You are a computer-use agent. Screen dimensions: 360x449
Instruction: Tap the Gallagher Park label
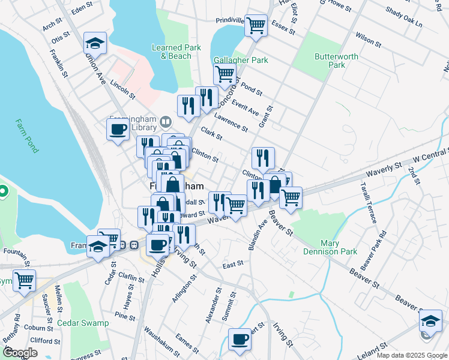coord(241,60)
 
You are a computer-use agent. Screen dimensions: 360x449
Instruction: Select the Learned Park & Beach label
coord(172,52)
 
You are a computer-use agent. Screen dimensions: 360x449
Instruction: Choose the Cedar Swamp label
coord(83,323)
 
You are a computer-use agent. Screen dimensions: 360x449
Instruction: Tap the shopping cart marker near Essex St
coord(256,25)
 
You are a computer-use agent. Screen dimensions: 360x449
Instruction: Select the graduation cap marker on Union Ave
coord(95,43)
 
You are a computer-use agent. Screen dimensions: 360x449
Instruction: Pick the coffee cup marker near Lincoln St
coord(117,128)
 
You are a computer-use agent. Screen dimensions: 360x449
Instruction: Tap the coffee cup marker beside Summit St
coord(240,338)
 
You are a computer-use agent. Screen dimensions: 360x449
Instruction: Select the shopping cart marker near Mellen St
coord(25,280)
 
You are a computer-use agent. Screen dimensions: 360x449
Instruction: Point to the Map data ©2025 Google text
coord(411,355)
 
